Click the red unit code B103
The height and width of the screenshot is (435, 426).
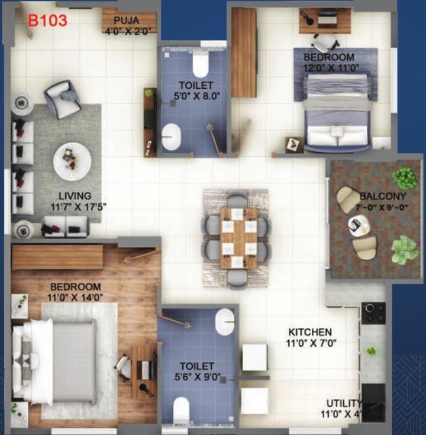(48, 21)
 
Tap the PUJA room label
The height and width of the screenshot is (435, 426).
(127, 21)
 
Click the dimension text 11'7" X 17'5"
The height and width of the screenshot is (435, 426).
(78, 207)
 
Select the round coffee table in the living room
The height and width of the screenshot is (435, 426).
(72, 161)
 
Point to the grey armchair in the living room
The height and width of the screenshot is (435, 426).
(62, 99)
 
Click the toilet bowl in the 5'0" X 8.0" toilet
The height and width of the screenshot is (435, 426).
(200, 64)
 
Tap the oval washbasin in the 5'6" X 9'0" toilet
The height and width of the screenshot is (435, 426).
(224, 322)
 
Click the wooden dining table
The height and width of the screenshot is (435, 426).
(239, 238)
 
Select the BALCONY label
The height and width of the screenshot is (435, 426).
(383, 196)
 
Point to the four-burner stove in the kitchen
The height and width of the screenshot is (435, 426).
(373, 313)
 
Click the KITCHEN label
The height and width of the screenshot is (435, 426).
(310, 332)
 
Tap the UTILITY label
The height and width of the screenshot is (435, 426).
(344, 403)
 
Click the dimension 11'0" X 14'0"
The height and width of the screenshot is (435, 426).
(75, 298)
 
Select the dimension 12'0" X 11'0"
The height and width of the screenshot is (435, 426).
(331, 67)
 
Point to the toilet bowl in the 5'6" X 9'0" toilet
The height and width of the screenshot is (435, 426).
(181, 410)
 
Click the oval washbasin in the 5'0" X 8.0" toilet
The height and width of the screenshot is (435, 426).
(171, 137)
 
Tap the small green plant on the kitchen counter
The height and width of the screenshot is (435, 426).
(371, 351)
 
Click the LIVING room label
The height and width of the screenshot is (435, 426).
(75, 196)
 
